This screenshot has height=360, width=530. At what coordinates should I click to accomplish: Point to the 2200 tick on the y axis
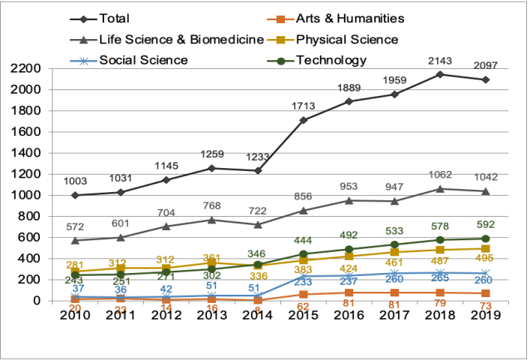[34, 69]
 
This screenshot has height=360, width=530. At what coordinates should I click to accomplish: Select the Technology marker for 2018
[440, 240]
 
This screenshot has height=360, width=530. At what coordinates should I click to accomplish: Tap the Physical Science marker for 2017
[394, 252]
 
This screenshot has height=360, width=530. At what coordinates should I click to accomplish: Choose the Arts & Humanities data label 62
[302, 307]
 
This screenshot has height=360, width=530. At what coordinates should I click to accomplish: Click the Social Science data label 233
[302, 282]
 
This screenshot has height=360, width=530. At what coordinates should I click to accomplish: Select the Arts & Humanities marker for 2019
[486, 293]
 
